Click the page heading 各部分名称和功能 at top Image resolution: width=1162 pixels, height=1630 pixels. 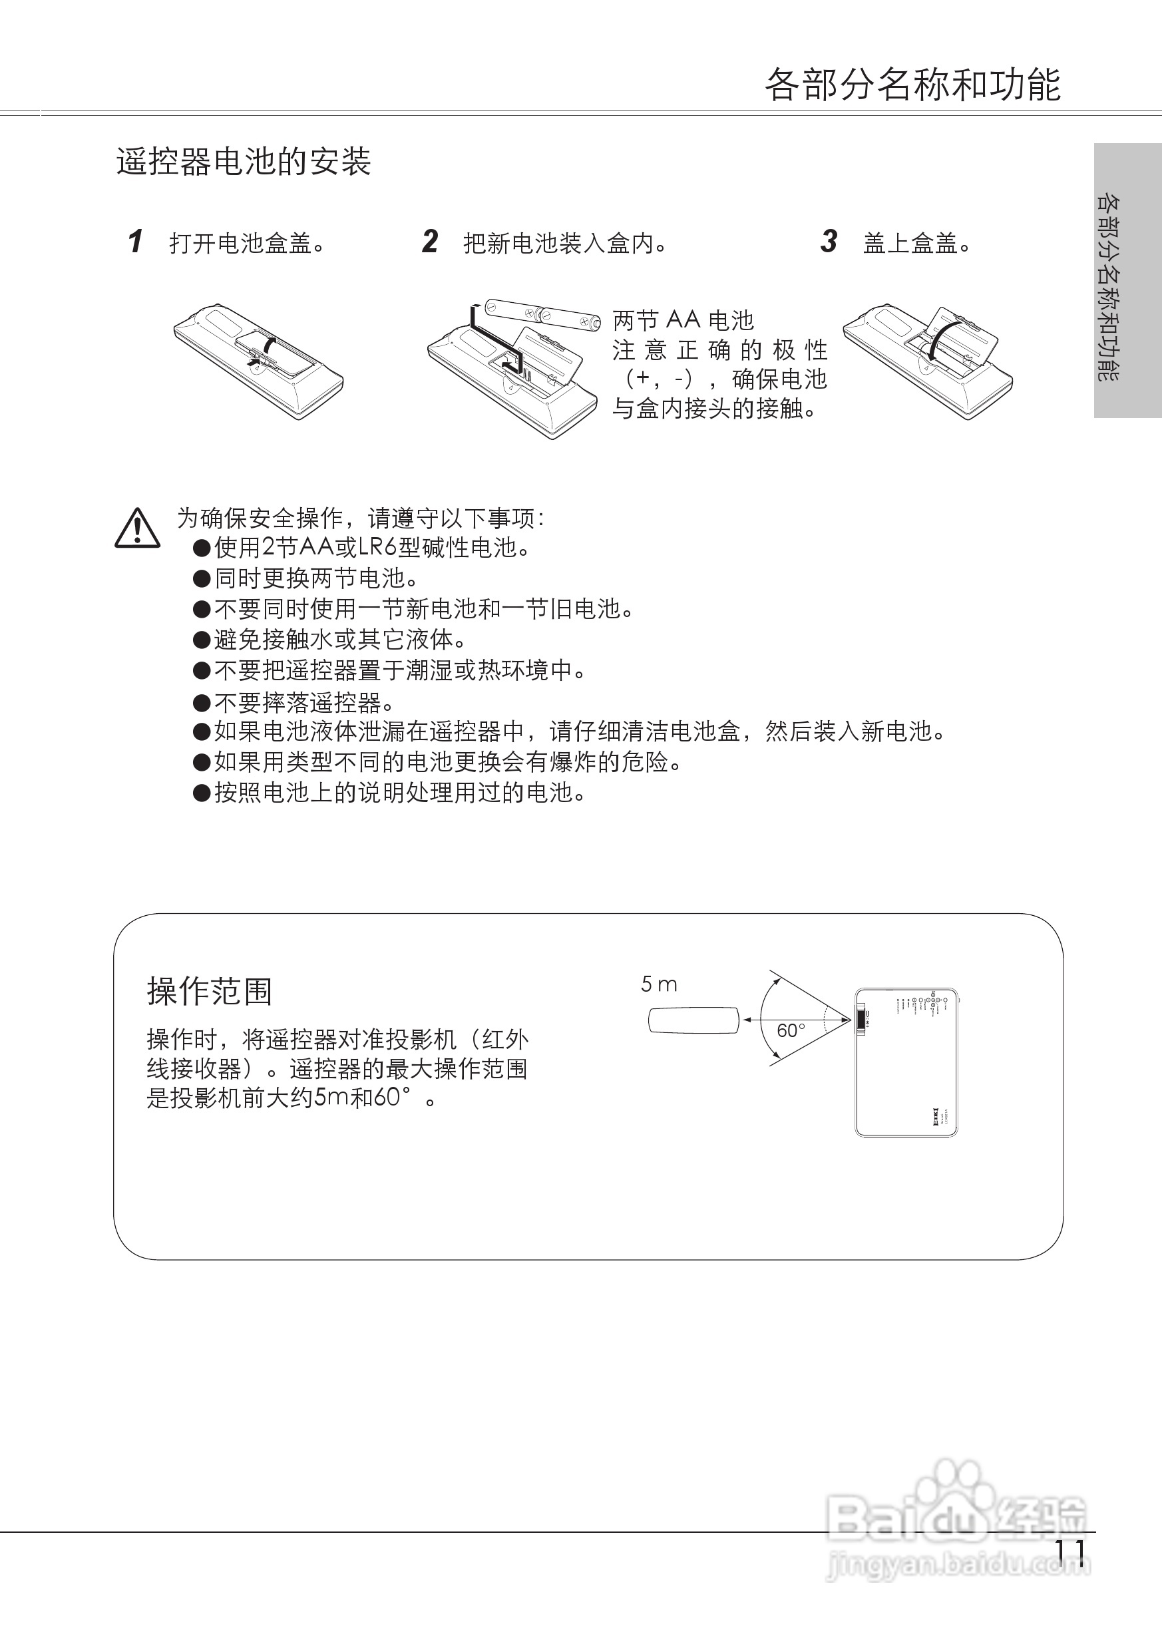pos(912,85)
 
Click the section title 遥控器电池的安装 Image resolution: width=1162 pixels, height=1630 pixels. pos(244,162)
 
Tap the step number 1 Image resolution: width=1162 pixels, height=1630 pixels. pos(135,242)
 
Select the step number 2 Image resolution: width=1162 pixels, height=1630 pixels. pos(429,242)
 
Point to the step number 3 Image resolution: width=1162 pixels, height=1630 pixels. pos(829,242)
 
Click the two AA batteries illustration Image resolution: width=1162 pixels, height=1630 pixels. pos(542,315)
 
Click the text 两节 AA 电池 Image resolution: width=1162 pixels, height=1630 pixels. pos(683,320)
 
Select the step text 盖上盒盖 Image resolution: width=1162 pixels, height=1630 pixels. pos(916,244)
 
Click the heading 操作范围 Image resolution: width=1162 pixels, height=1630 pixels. pos(210,991)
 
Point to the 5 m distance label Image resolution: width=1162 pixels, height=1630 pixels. pos(658,984)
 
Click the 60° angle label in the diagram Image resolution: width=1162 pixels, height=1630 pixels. pos(791,1030)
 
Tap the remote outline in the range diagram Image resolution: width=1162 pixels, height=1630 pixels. pos(693,1020)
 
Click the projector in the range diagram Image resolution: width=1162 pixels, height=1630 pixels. pos(906,1062)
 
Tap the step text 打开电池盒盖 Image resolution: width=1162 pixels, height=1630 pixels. pos(247,244)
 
